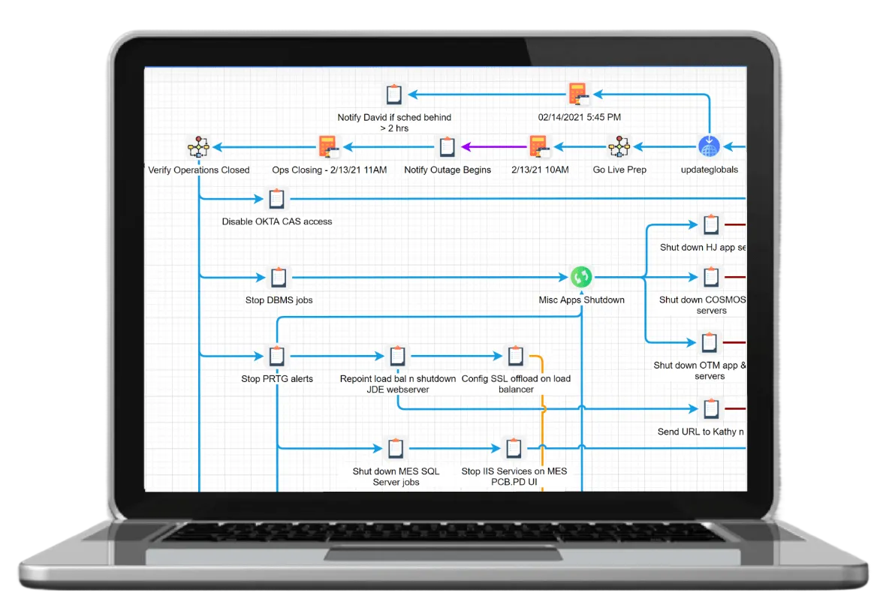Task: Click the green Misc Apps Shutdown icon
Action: point(581,277)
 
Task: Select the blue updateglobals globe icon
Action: point(709,146)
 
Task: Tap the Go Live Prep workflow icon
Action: point(619,146)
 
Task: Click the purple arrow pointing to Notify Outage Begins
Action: point(494,147)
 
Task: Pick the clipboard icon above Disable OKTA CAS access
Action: point(276,199)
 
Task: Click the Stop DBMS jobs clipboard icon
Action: point(278,277)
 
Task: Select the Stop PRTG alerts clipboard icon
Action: point(276,356)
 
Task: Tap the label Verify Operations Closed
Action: point(198,170)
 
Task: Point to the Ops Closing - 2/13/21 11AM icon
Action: point(328,147)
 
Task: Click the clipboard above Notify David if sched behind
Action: point(393,94)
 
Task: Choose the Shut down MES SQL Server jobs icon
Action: point(396,448)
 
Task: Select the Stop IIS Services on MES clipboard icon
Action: point(513,448)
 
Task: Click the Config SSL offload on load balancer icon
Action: point(515,356)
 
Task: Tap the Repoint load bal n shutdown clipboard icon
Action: point(397,356)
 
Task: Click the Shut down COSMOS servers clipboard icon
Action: point(711,277)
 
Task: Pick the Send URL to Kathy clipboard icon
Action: point(711,408)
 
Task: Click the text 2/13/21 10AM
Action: point(540,170)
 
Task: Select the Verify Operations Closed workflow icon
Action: point(198,147)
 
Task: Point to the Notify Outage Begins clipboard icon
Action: point(448,147)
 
